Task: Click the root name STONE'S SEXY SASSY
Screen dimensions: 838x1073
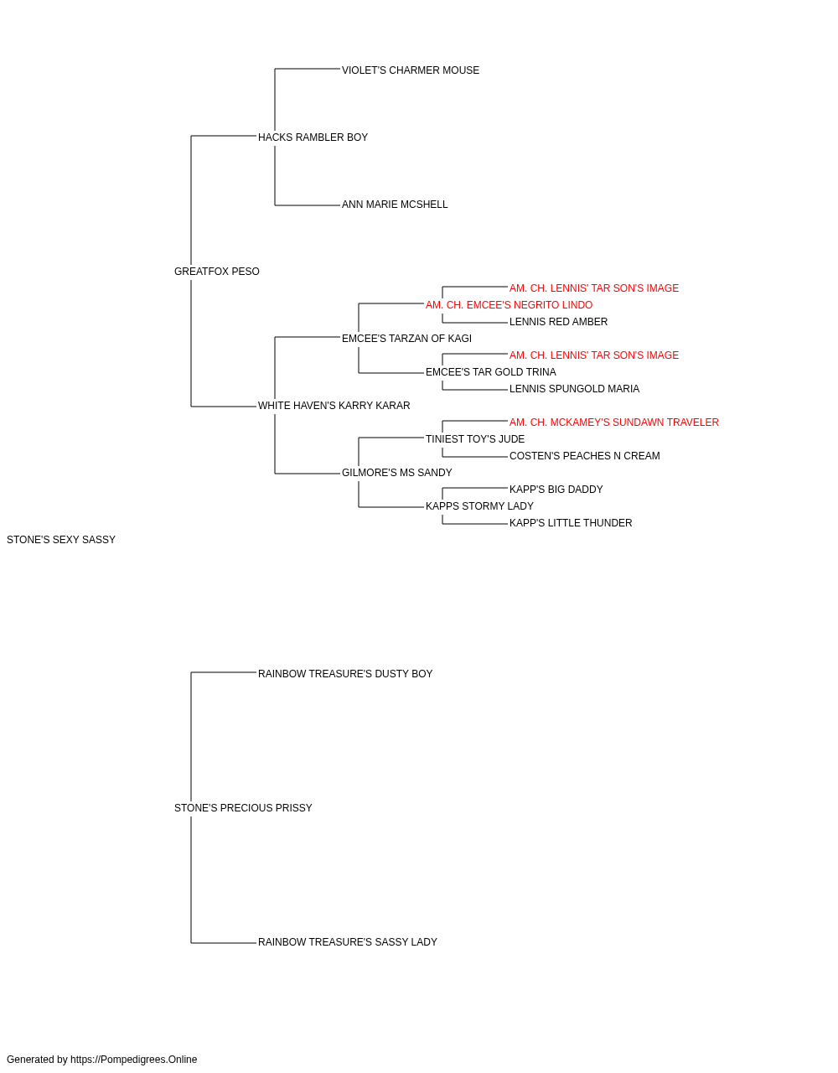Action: coord(61,540)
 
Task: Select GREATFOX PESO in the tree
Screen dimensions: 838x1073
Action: coord(217,272)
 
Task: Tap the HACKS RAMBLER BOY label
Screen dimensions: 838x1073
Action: coord(313,137)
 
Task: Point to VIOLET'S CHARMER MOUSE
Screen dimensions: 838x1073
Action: coord(411,70)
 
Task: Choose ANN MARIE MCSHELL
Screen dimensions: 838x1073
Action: coord(395,205)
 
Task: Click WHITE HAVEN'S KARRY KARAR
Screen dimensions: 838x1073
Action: coord(334,406)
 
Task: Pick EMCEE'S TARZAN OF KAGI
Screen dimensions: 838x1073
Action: coord(406,338)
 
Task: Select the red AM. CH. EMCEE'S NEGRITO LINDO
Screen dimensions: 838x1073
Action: coord(509,305)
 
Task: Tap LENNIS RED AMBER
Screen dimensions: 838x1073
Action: coord(558,322)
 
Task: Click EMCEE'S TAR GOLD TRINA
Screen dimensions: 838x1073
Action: coord(490,372)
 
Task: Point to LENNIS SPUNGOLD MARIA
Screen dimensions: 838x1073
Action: coord(575,389)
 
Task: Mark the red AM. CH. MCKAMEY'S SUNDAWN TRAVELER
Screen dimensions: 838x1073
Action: coord(614,422)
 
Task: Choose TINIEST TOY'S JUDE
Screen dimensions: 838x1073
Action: coord(475,439)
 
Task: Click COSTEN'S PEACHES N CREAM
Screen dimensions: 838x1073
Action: coord(584,456)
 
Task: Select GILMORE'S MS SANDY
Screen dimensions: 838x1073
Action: coord(396,473)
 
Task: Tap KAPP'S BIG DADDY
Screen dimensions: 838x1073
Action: coord(556,490)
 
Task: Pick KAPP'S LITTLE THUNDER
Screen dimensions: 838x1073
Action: coord(571,523)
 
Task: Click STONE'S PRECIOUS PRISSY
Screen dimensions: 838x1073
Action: coord(243,808)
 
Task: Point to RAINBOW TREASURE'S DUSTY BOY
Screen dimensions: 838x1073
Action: coord(345,674)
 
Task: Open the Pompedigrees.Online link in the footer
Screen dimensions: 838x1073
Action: coord(134,1060)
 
